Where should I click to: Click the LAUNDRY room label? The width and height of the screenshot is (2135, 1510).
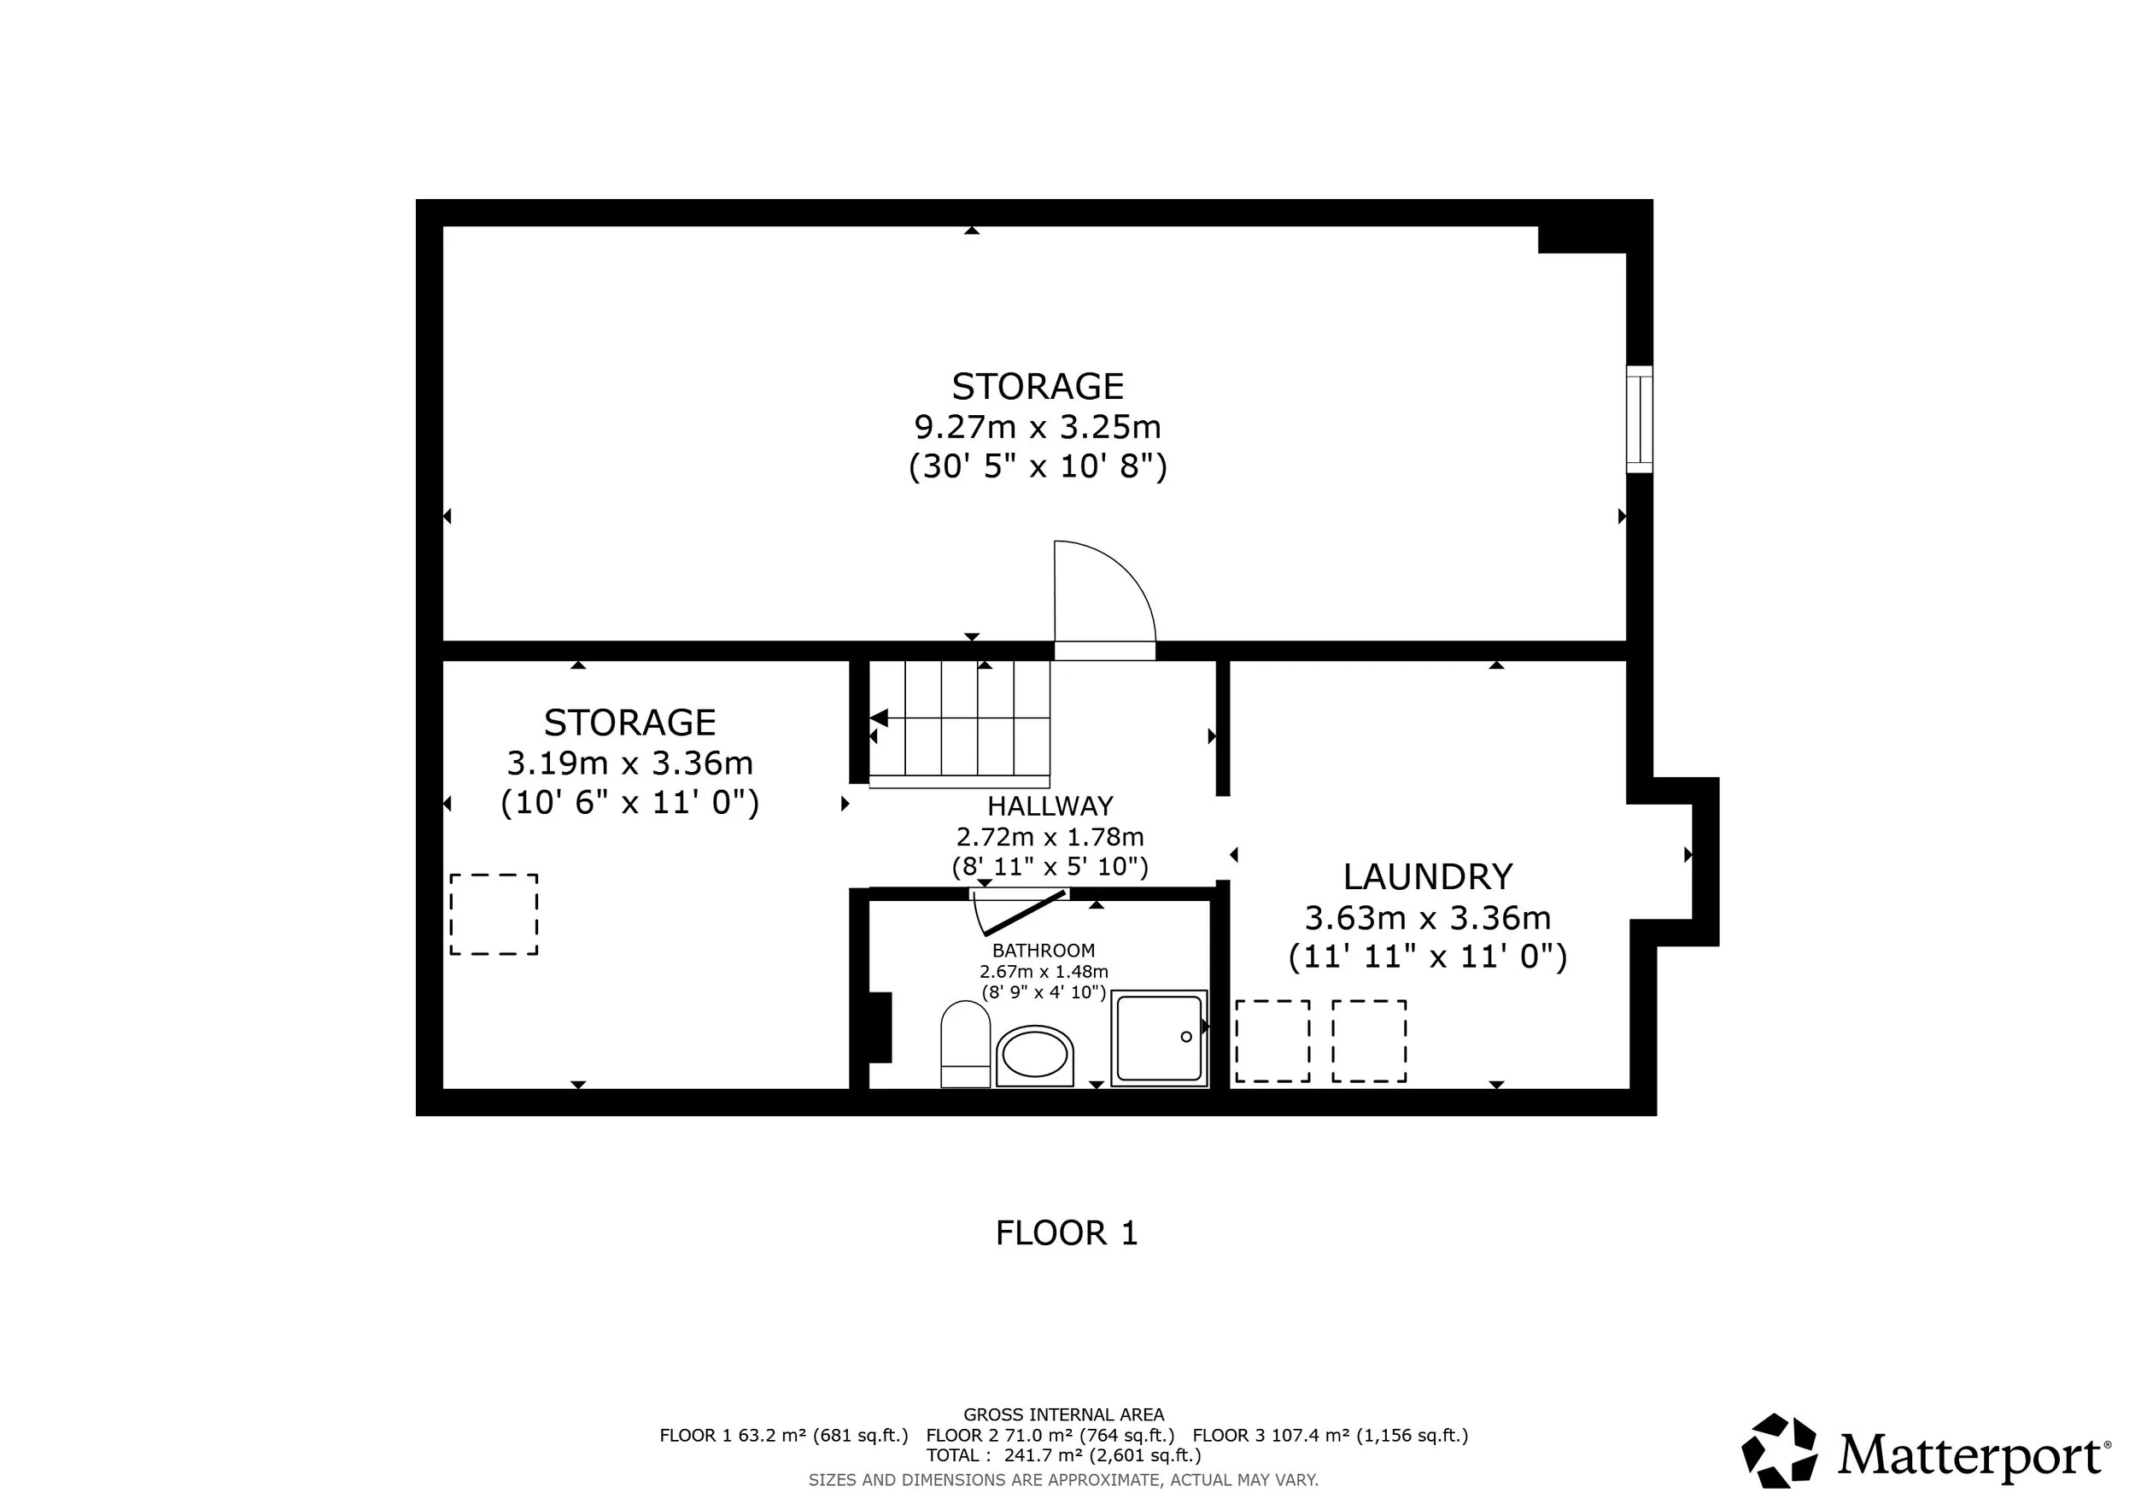click(x=1427, y=877)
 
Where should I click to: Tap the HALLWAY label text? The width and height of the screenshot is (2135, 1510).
click(x=1050, y=805)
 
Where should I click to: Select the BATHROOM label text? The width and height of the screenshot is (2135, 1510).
click(x=1044, y=951)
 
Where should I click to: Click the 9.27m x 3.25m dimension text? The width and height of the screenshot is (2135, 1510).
click(x=1038, y=427)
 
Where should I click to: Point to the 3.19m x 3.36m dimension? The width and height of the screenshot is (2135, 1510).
click(x=629, y=764)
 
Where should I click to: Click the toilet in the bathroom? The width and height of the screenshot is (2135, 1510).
click(x=965, y=1043)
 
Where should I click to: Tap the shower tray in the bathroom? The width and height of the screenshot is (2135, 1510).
click(x=1159, y=1038)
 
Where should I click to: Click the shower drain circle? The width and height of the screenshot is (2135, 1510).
click(x=1185, y=1037)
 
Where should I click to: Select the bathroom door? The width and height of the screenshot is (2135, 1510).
click(x=1024, y=913)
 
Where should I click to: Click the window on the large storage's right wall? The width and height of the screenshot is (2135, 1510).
click(x=1639, y=419)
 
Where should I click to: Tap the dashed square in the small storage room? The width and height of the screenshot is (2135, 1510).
click(x=494, y=914)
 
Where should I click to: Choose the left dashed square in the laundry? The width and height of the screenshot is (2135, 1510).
click(x=1272, y=1040)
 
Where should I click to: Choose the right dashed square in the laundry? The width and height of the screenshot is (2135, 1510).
click(x=1368, y=1040)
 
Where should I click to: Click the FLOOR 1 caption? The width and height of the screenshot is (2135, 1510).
click(x=1067, y=1233)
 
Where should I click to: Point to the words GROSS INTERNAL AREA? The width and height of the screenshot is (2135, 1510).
click(x=1063, y=1414)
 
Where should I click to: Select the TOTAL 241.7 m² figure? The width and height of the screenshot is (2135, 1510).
click(x=1063, y=1455)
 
